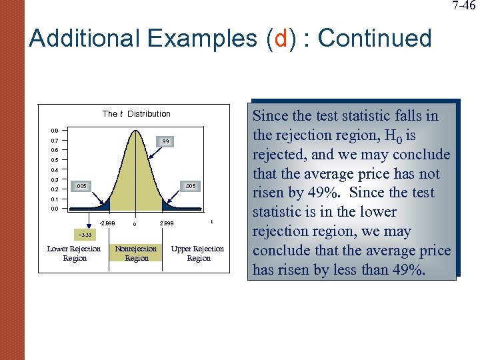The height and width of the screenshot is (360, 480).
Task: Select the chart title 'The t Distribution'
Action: pyautogui.click(x=137, y=114)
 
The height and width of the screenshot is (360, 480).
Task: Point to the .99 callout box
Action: pyautogui.click(x=165, y=141)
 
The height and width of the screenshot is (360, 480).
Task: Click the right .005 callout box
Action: pyautogui.click(x=190, y=186)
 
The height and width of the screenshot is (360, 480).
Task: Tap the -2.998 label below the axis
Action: pyautogui.click(x=107, y=223)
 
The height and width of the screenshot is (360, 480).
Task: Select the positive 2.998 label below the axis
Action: pyautogui.click(x=167, y=223)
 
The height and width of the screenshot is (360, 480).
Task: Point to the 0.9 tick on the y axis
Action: pyautogui.click(x=54, y=131)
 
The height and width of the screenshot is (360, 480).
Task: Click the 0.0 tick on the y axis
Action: pyautogui.click(x=54, y=209)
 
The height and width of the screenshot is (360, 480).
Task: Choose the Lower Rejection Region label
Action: pyautogui.click(x=74, y=253)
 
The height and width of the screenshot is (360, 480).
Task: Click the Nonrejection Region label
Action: pyautogui.click(x=137, y=253)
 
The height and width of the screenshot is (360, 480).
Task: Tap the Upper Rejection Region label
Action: pyautogui.click(x=198, y=253)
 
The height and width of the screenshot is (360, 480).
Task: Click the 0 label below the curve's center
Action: pyautogui.click(x=135, y=224)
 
